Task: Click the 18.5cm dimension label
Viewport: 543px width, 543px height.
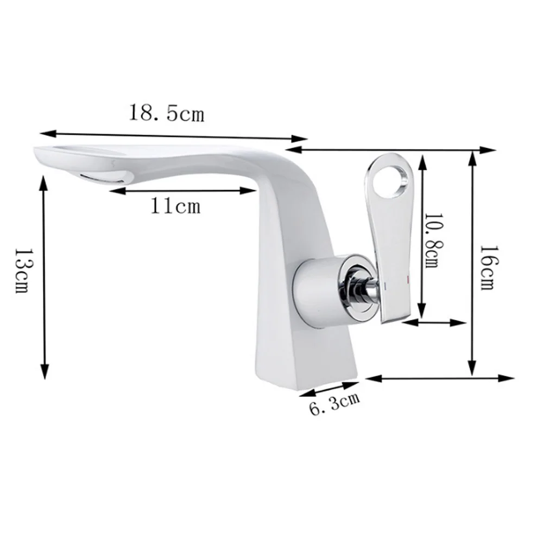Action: [x=167, y=112]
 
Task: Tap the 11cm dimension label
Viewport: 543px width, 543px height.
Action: [x=175, y=206]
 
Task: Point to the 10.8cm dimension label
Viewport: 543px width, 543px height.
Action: [x=433, y=241]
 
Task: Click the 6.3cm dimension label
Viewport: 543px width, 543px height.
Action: [x=334, y=403]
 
